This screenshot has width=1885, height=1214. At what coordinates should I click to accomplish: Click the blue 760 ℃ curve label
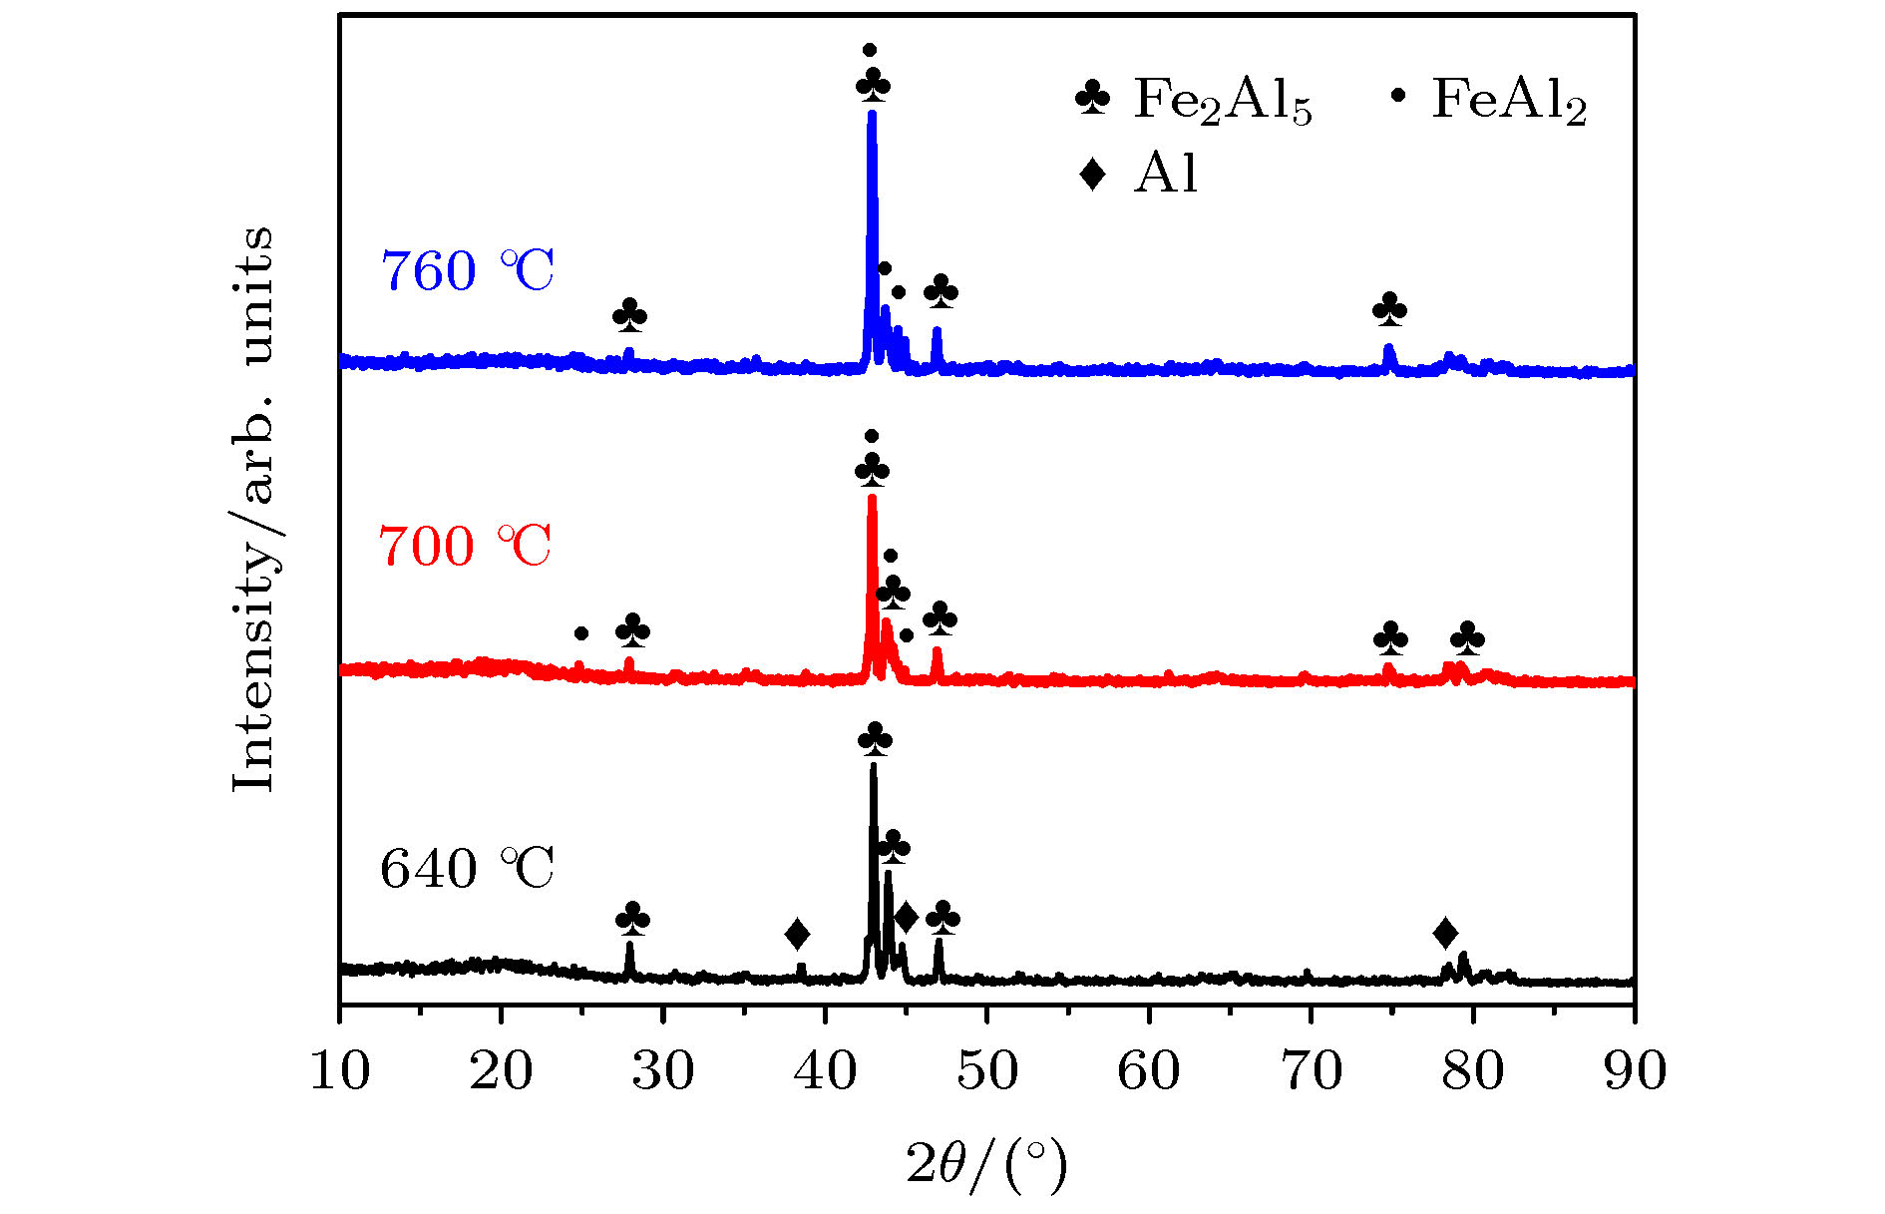pos(467,270)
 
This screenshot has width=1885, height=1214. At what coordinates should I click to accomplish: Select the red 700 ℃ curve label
pos(465,546)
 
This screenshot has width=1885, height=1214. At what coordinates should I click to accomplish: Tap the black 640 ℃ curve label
pos(467,868)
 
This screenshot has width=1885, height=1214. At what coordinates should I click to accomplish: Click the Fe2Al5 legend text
pos(1223,101)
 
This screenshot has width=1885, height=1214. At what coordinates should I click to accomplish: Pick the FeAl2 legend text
pos(1509,101)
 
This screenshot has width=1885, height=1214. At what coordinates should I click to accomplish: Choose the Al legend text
pos(1165,174)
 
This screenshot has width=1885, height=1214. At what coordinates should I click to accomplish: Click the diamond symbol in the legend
pos(1092,174)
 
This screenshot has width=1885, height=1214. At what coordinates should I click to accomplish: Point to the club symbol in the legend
pos(1092,97)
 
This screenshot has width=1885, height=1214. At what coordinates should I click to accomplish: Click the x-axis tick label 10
pos(340,1070)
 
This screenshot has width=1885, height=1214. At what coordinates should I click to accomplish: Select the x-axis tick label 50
pos(987,1070)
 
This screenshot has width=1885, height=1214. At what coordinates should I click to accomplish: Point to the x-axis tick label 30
pos(663,1070)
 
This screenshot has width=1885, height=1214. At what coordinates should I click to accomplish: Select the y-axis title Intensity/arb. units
pos(253,509)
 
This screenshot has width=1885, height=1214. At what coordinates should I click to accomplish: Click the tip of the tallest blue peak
pos(872,114)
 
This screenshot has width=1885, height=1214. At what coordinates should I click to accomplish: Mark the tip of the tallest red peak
pos(872,497)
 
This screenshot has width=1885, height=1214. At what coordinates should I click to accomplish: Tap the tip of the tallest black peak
pos(874,766)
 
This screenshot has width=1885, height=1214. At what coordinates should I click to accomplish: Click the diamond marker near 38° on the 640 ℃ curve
pos(797,935)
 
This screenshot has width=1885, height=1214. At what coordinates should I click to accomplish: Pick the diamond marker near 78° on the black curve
pos(1445,934)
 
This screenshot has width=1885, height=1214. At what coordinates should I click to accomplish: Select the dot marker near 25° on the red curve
pos(581,633)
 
